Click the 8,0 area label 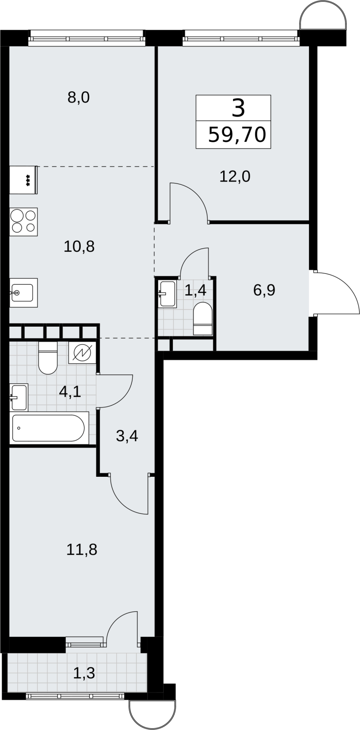78,98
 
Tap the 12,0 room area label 235,177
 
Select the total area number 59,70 237,135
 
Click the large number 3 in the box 238,109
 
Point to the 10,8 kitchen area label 79,247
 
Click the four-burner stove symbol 23,222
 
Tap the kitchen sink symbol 23,292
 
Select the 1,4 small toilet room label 195,290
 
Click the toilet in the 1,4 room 203,319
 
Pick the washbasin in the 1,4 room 168,294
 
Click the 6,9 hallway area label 264,290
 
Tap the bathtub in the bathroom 49,428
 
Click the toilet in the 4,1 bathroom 48,358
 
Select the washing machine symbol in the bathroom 83,353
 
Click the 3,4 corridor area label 127,436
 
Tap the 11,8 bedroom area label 82,550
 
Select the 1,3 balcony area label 84,673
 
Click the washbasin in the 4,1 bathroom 19,397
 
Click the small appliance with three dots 23,180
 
